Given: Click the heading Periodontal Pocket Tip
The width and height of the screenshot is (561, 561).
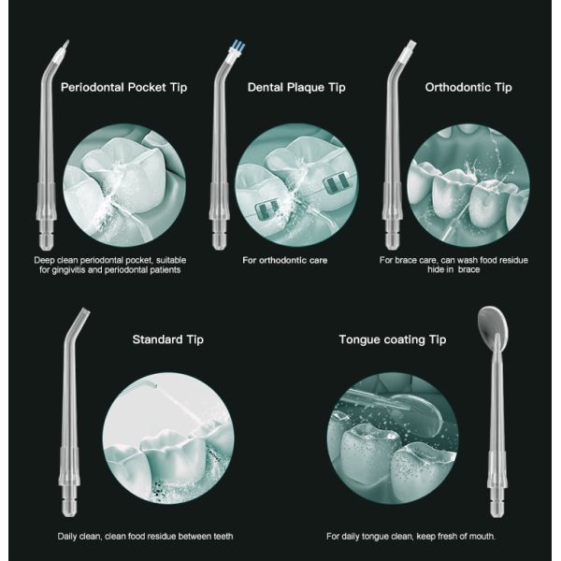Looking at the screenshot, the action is coord(123,87).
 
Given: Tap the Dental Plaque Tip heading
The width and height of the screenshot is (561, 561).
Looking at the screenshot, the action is coord(296,87).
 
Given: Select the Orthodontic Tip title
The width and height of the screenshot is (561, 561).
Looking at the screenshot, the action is coord(468,87).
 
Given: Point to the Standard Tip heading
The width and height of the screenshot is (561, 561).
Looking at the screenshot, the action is coord(167,339).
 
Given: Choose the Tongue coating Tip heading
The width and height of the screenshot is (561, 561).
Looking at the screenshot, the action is coord(393,339).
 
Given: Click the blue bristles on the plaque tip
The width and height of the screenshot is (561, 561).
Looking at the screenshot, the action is coord(237,46).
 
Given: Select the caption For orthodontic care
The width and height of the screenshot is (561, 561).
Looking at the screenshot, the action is coord(285,260).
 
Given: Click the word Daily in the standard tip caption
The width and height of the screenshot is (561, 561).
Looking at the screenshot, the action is coord(67,537).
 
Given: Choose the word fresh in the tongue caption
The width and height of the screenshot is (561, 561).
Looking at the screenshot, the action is coord(454,537).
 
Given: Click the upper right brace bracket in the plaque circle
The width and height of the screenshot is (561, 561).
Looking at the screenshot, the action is coord(337,183).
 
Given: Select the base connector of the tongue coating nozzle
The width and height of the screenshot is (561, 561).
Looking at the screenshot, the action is coord(497,495).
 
